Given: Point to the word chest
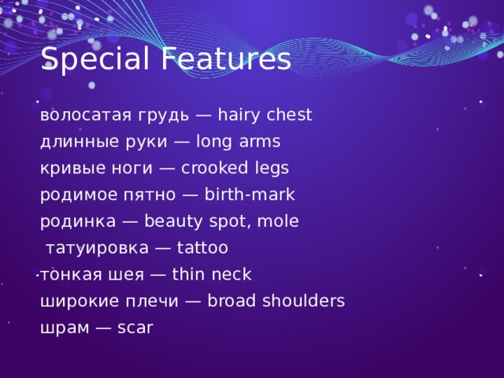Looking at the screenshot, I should tap(290, 116).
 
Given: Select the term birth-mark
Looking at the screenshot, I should tap(249, 195).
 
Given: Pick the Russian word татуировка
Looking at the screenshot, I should tap(96, 248).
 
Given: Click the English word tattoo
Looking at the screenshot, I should tap(202, 248).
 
